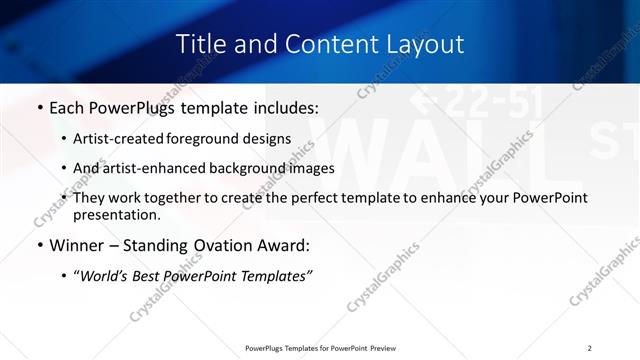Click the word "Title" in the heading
pyautogui.click(x=200, y=45)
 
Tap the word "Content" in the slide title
pyautogui.click(x=320, y=45)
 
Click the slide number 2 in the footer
pyautogui.click(x=589, y=348)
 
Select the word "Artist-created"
pyautogui.click(x=120, y=138)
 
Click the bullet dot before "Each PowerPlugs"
pyautogui.click(x=38, y=107)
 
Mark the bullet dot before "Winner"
pyautogui.click(x=38, y=245)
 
